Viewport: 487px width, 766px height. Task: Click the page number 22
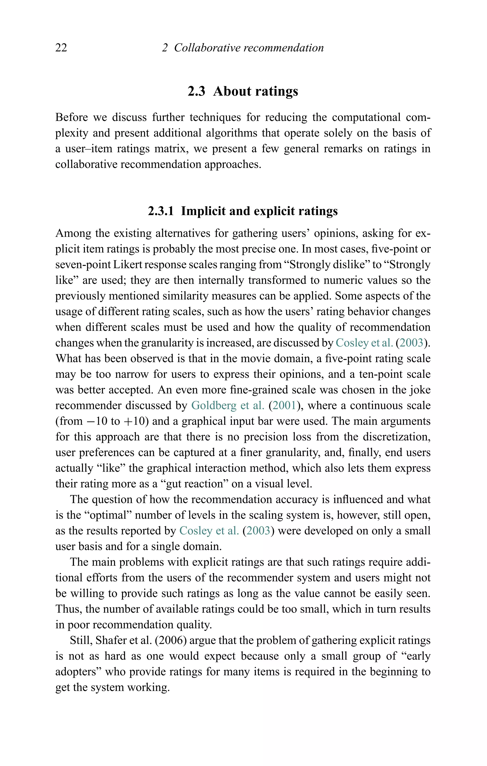(61, 48)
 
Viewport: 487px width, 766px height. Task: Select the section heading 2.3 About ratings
(243, 91)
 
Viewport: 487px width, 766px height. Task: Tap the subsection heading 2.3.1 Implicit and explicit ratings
(243, 211)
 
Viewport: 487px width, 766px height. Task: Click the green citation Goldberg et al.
(228, 406)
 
